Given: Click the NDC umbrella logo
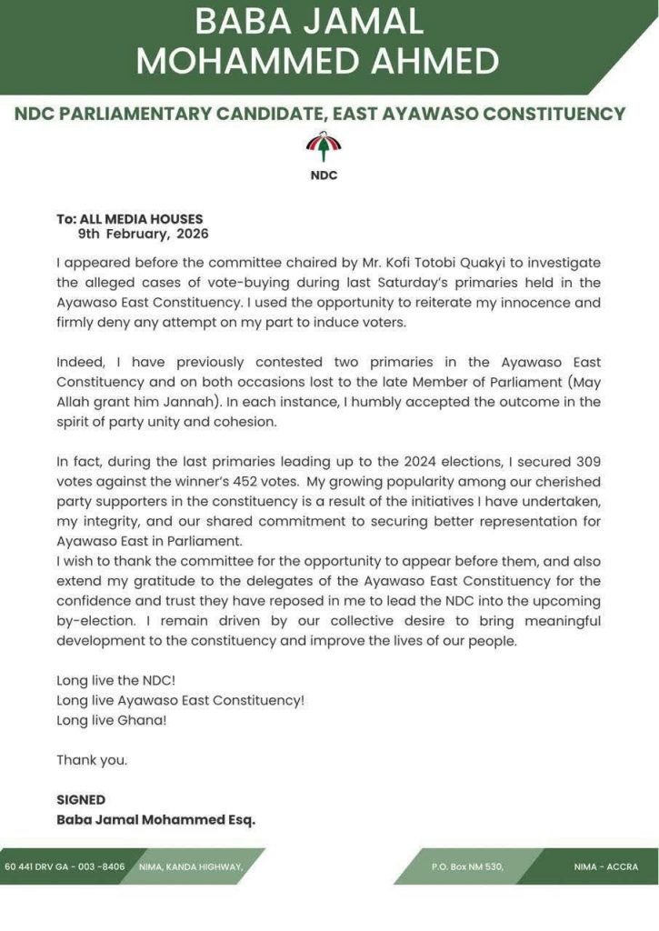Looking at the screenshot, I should (x=324, y=145).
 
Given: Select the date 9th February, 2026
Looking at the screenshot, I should (x=143, y=234).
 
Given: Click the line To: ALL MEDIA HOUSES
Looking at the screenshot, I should (x=130, y=219).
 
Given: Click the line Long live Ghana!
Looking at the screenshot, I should (x=112, y=720).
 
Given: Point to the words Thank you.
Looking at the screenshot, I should (x=92, y=760).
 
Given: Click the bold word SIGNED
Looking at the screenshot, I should (x=81, y=800).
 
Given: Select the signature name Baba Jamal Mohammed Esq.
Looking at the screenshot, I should (x=155, y=819).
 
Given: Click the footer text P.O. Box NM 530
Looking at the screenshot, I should (x=467, y=866).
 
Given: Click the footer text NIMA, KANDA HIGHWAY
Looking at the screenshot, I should (x=190, y=866).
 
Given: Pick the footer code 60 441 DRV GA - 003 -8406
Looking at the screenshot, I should (x=65, y=866).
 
